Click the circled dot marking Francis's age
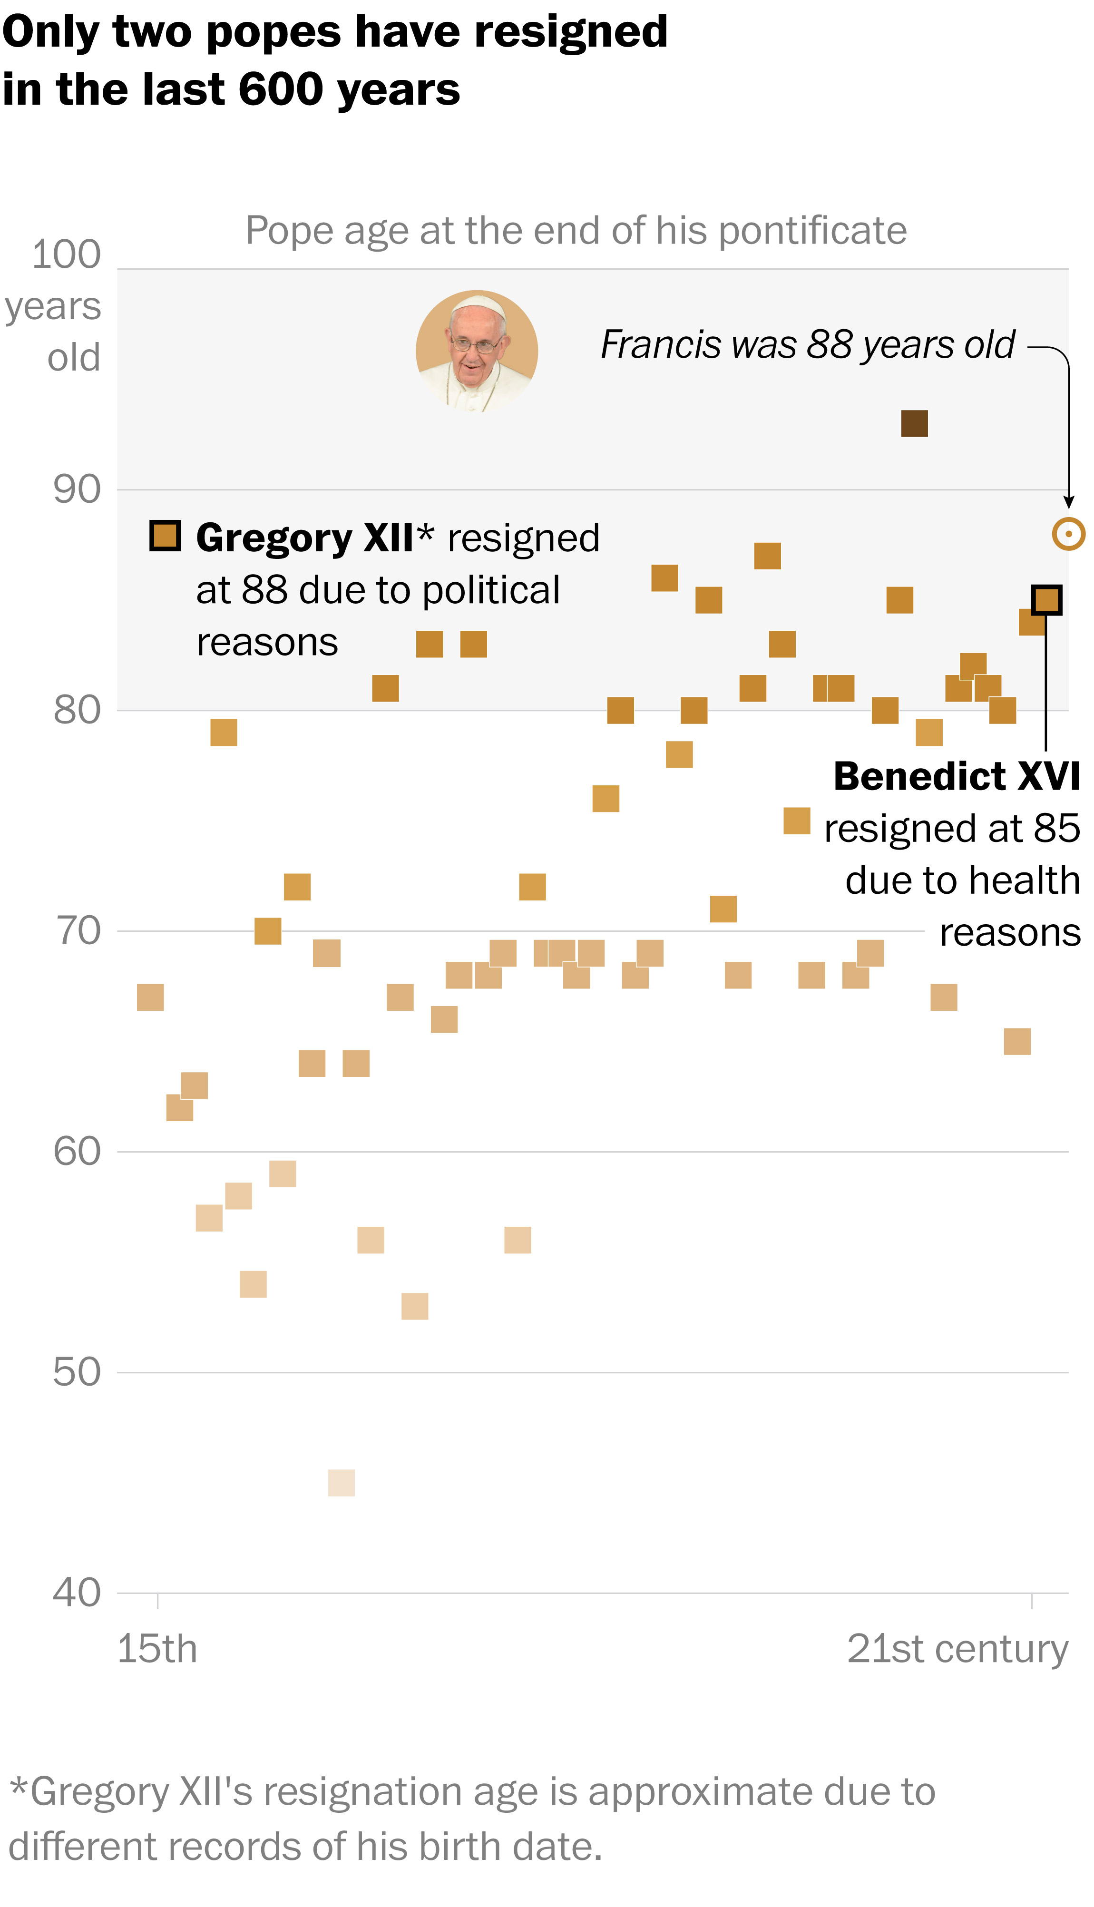pos(1068,534)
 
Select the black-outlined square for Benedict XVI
pos(1046,600)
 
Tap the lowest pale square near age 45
pos(341,1483)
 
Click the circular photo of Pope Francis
pos(477,351)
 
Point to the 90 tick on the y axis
pos(77,490)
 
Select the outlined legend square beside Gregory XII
pos(165,536)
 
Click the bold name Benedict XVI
pos(957,776)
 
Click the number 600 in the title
pos(281,89)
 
